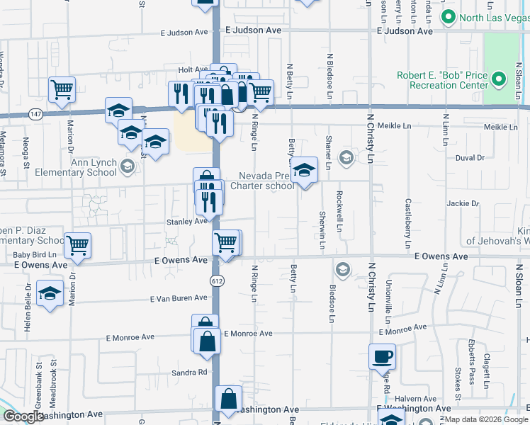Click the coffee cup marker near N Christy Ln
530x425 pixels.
point(382,356)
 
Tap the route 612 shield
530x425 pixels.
point(217,281)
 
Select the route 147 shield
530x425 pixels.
point(35,113)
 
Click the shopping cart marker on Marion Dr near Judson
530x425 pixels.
point(62,89)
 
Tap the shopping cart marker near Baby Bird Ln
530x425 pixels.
point(77,244)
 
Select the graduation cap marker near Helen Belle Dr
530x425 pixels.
point(50,294)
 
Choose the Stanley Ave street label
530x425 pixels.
point(186,222)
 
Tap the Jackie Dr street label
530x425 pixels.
point(463,203)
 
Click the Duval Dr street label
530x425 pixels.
point(470,158)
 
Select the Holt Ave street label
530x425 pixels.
point(192,69)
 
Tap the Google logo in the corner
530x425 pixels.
point(23,416)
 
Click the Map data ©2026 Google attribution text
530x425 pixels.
point(486,420)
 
